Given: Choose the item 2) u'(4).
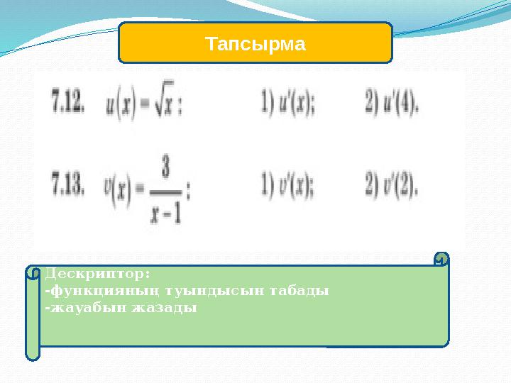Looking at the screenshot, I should tap(392, 106).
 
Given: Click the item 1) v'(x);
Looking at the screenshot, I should tap(290, 188).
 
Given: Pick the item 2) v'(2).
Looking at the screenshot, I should tap(392, 188).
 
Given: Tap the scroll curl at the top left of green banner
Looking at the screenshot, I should tap(33, 272).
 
